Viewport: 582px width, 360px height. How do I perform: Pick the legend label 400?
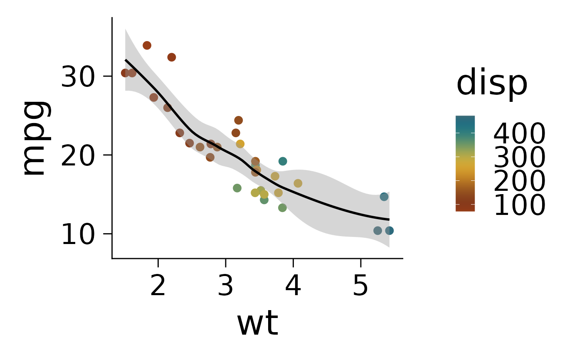coord(519,134)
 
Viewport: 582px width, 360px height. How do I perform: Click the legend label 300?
coord(519,158)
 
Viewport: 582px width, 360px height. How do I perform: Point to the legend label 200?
coord(519,182)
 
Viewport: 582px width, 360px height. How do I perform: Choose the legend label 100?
coord(519,205)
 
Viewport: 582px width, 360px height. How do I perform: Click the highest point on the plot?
coord(147,45)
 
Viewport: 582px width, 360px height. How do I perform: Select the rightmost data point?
coord(390,231)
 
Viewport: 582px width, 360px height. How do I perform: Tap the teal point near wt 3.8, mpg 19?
coord(283,161)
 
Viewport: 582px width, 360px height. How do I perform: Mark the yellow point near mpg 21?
coord(240,144)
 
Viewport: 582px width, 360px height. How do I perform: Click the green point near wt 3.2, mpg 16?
coord(237,188)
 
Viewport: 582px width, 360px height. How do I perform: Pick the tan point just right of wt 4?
coord(298,183)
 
